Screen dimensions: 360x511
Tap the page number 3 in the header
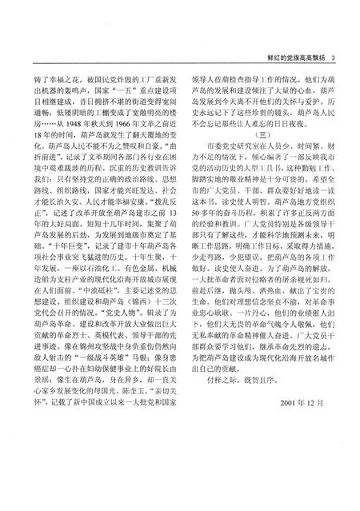pos(333,56)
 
